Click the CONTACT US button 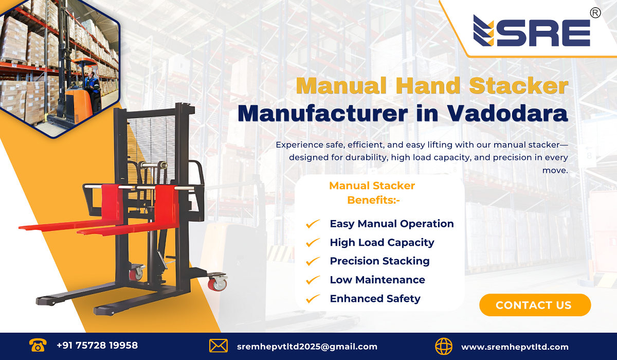pyautogui.click(x=535, y=305)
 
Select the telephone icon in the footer pyautogui.click(x=38, y=346)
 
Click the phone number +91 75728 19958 pyautogui.click(x=97, y=346)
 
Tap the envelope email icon pyautogui.click(x=219, y=346)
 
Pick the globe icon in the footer pyautogui.click(x=444, y=346)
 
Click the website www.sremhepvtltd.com pyautogui.click(x=515, y=347)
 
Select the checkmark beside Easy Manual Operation pyautogui.click(x=313, y=224)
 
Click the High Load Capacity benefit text pyautogui.click(x=382, y=243)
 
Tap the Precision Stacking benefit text pyautogui.click(x=379, y=261)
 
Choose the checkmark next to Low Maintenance pyautogui.click(x=313, y=280)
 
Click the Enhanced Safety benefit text pyautogui.click(x=375, y=299)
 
